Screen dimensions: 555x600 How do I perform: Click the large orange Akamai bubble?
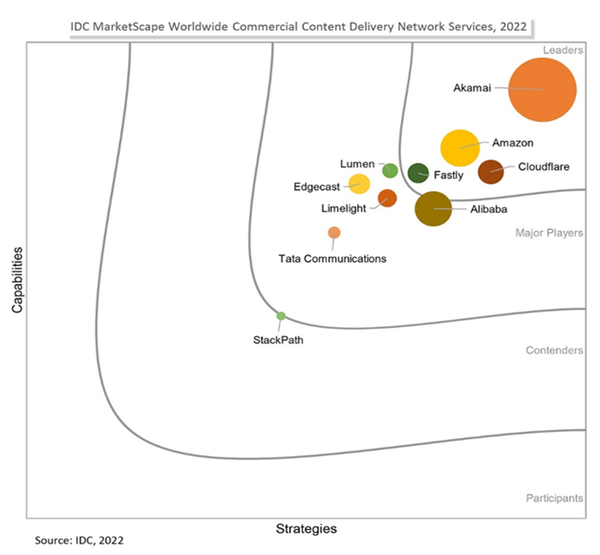click(543, 89)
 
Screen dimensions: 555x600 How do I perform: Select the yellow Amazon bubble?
click(460, 147)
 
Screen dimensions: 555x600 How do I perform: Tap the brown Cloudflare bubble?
click(491, 172)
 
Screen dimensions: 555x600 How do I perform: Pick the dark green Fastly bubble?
click(418, 173)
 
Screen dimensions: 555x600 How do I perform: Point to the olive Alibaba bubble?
click(433, 208)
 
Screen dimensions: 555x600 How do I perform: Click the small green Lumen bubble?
click(390, 171)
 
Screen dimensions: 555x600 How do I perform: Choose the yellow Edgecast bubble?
click(359, 184)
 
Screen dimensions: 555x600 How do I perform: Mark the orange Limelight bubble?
click(387, 198)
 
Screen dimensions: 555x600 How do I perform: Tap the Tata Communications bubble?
click(334, 232)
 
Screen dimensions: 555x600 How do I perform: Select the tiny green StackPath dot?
click(281, 316)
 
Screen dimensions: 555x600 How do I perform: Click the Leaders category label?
click(563, 50)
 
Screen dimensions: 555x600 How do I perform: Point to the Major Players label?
click(549, 233)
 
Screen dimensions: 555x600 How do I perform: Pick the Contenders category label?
click(554, 350)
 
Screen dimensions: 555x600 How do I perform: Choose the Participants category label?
click(554, 498)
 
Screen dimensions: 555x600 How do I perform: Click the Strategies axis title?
click(306, 528)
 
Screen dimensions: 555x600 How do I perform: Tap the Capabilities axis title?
click(18, 280)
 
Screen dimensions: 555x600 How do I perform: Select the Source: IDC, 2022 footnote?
click(79, 540)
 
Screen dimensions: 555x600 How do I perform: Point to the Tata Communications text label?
click(333, 258)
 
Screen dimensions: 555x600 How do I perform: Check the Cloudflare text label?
click(544, 166)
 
